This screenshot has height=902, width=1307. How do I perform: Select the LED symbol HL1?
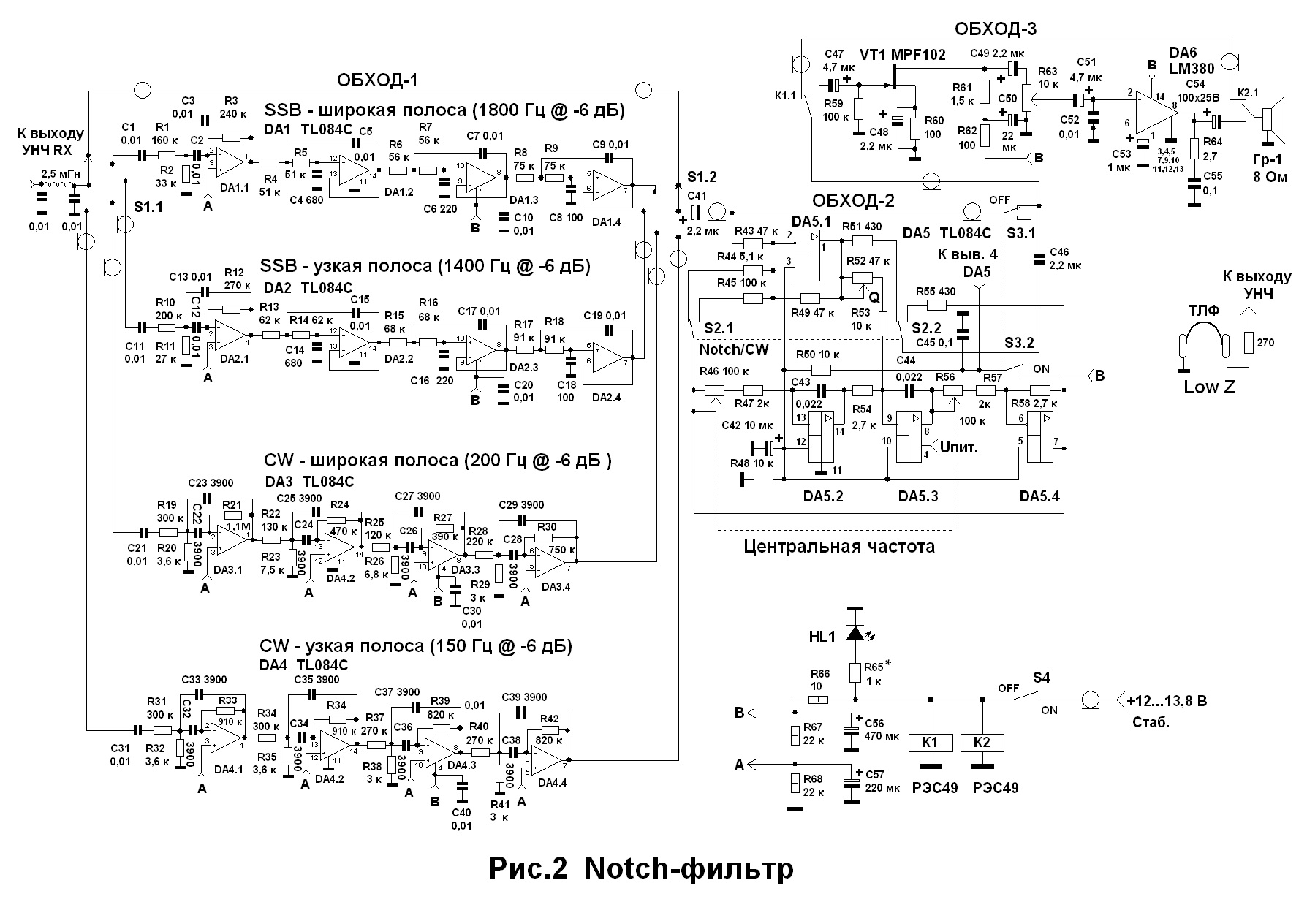[854, 632]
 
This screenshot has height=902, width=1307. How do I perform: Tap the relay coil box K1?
[930, 743]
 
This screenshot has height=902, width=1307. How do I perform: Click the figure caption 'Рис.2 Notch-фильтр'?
[641, 869]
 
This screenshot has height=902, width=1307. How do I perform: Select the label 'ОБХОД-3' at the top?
[995, 29]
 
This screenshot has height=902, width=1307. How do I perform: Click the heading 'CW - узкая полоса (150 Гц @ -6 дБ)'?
[416, 646]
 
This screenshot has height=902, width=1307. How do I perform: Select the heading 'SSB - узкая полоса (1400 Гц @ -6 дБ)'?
[425, 265]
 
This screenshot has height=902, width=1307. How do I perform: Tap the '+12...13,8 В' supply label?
[1167, 701]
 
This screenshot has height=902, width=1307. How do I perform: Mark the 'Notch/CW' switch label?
[734, 349]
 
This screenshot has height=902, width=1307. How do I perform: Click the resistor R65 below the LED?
[854, 672]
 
